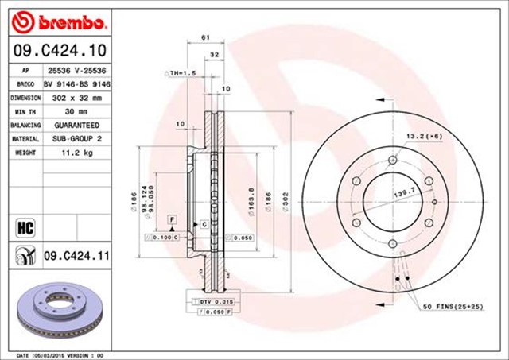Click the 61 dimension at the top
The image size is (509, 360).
[x=204, y=37]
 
